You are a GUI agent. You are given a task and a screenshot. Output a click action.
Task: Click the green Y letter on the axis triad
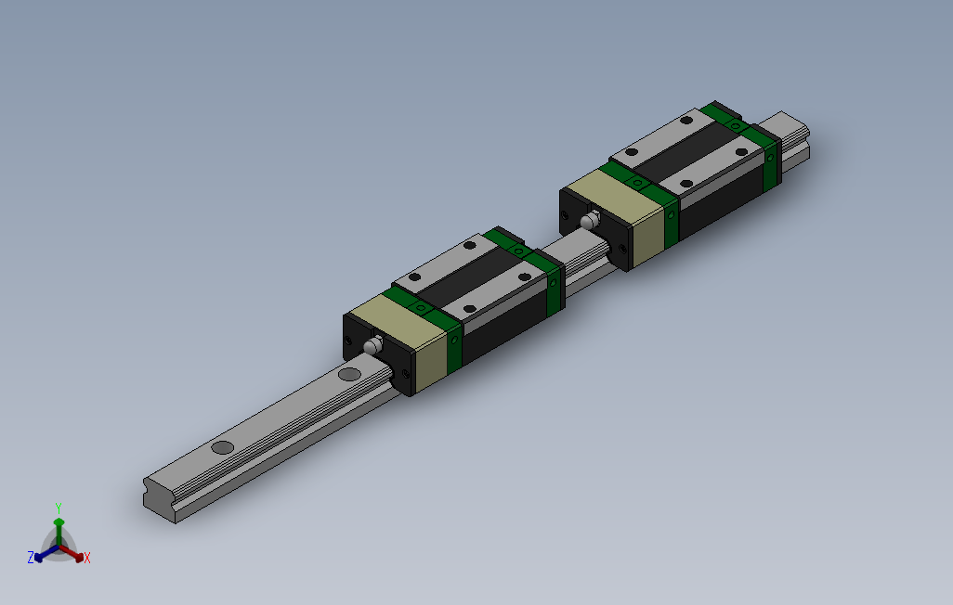(x=58, y=508)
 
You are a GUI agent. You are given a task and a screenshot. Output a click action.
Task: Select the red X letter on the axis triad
(x=87, y=558)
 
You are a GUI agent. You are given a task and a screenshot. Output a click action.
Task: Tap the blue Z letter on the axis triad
(x=31, y=557)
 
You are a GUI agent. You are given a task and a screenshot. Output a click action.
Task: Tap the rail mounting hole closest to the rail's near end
(x=223, y=447)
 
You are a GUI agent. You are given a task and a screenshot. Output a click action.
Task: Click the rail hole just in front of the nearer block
(x=350, y=374)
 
